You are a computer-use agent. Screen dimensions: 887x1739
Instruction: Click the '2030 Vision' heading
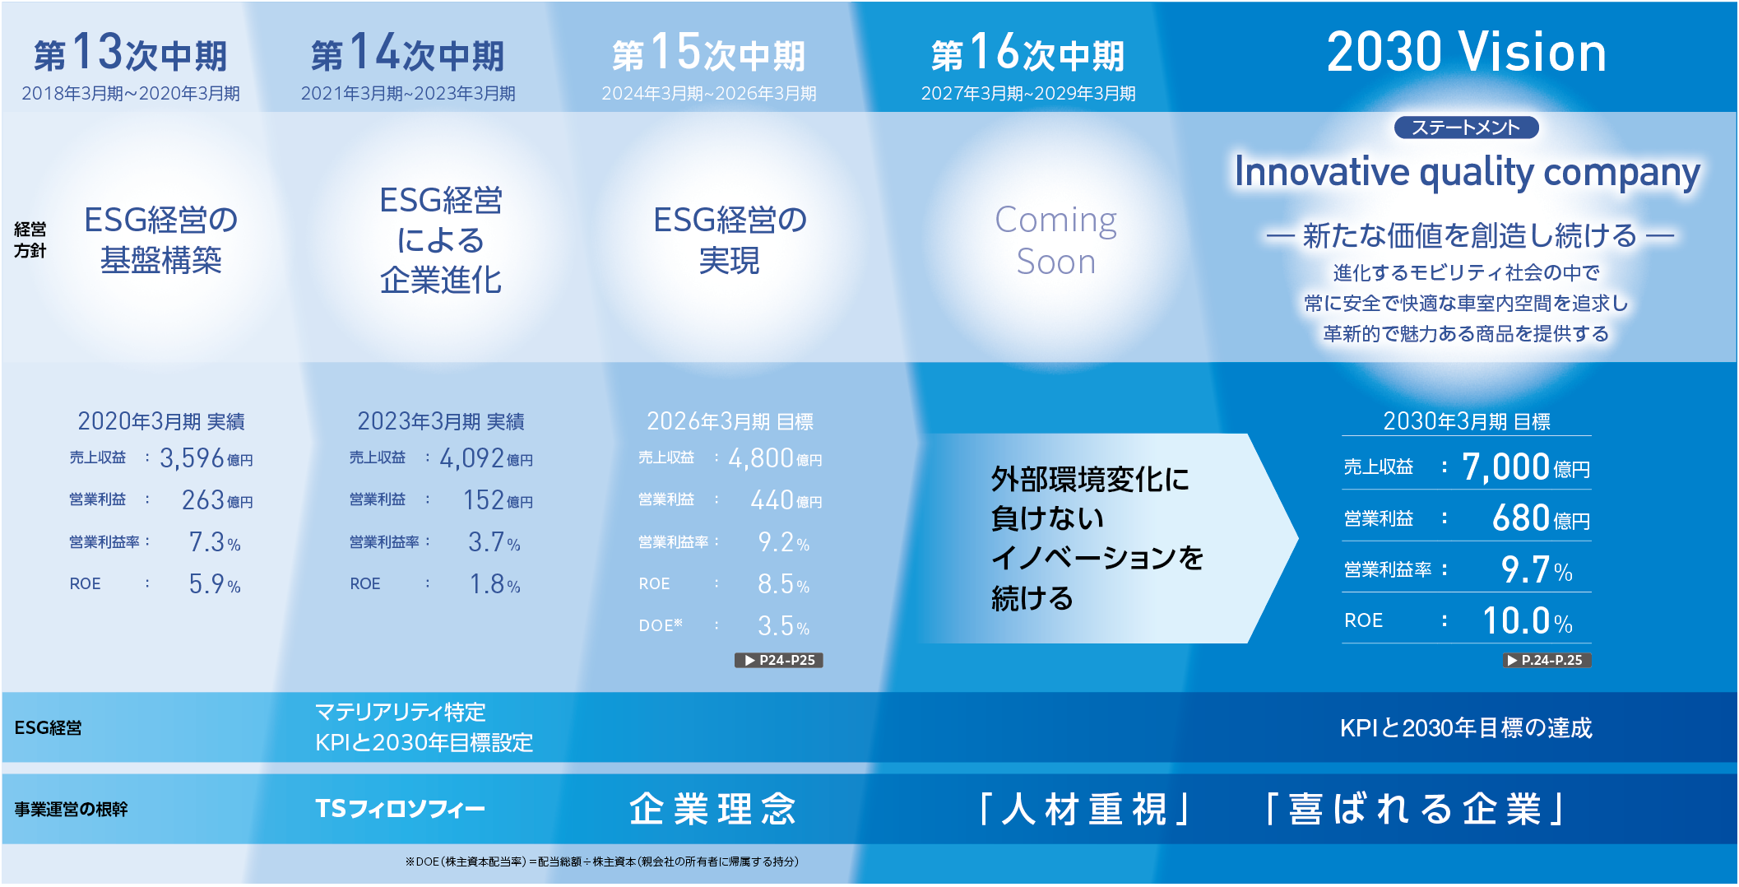pos(1466,53)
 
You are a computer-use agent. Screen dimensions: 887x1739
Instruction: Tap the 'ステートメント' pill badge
pos(1466,128)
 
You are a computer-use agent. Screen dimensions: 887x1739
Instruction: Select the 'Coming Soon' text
pos(1055,240)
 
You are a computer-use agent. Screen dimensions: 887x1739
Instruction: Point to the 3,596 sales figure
pos(192,458)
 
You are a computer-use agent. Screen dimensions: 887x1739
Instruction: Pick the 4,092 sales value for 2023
pos(471,458)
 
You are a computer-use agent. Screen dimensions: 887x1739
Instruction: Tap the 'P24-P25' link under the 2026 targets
pos(779,660)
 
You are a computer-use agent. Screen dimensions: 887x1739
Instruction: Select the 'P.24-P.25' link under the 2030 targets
pos(1547,660)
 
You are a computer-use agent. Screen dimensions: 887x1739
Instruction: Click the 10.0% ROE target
pos(1527,621)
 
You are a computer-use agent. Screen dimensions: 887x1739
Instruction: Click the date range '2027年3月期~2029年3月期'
pos(1027,94)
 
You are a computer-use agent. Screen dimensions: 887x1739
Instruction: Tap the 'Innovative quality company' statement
pos(1467,173)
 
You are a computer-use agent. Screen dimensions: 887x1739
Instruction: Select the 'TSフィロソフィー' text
pos(400,809)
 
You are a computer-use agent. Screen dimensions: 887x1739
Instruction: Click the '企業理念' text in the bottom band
pos(712,809)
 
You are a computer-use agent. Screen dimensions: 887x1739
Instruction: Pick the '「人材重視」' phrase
pos(1084,809)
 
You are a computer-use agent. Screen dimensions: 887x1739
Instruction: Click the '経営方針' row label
pos(30,239)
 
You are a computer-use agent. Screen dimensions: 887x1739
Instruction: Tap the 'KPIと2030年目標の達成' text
pos(1465,728)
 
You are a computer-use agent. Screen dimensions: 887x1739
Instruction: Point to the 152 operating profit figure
pos(484,500)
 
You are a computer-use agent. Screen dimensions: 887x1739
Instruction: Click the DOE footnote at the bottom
pos(601,861)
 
